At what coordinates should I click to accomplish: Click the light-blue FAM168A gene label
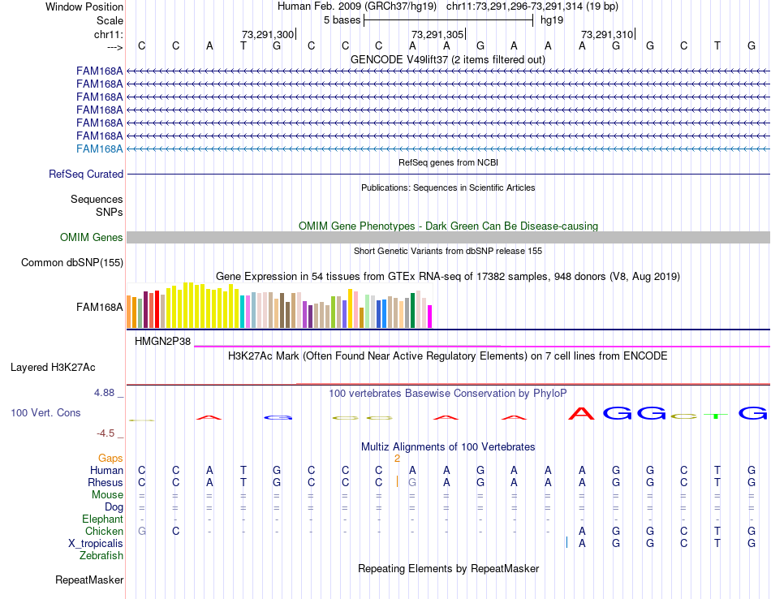(x=99, y=149)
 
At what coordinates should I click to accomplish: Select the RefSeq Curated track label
(x=86, y=174)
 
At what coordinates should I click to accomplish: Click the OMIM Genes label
(x=92, y=238)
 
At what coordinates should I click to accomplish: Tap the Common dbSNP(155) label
(x=72, y=262)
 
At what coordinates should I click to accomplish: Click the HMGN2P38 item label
(x=162, y=342)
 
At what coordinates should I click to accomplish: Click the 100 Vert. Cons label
(x=45, y=413)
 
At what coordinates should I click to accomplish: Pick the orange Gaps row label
(x=110, y=459)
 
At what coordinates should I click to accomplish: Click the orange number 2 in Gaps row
(x=397, y=459)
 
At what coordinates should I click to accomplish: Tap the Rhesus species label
(x=105, y=482)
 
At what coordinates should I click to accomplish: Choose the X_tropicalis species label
(x=96, y=543)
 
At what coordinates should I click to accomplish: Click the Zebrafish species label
(x=101, y=556)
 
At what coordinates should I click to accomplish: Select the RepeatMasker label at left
(x=89, y=580)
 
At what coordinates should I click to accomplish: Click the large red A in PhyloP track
(x=581, y=413)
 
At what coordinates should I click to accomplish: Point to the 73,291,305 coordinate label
(x=437, y=35)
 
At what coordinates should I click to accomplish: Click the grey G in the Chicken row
(x=142, y=531)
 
